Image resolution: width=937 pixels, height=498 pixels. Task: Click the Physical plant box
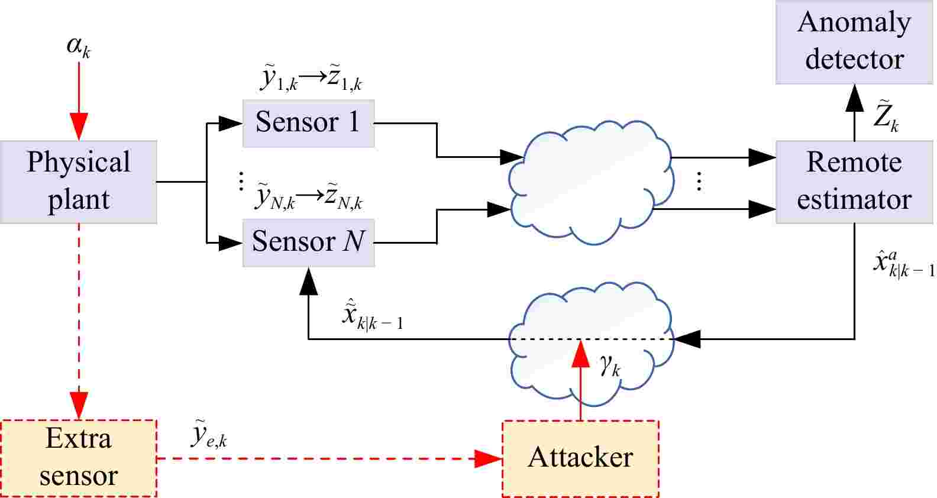pyautogui.click(x=78, y=182)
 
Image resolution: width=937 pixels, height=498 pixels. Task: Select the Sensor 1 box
pyautogui.click(x=308, y=123)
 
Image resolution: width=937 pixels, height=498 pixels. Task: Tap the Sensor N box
pyautogui.click(x=308, y=242)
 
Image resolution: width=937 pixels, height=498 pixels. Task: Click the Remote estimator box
pyautogui.click(x=854, y=182)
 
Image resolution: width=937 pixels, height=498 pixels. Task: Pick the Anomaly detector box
pyautogui.click(x=854, y=41)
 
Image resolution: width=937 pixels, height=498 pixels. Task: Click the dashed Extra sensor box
pyautogui.click(x=79, y=458)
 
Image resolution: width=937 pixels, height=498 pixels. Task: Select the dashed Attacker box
pyautogui.click(x=580, y=458)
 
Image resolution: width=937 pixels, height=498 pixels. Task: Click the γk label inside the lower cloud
pyautogui.click(x=609, y=366)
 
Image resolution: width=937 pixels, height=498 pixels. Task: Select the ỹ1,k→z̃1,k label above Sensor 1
pyautogui.click(x=310, y=80)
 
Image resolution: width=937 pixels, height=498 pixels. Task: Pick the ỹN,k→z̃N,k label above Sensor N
pyautogui.click(x=309, y=198)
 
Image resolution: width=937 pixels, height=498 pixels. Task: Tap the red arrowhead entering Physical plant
pyautogui.click(x=79, y=127)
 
